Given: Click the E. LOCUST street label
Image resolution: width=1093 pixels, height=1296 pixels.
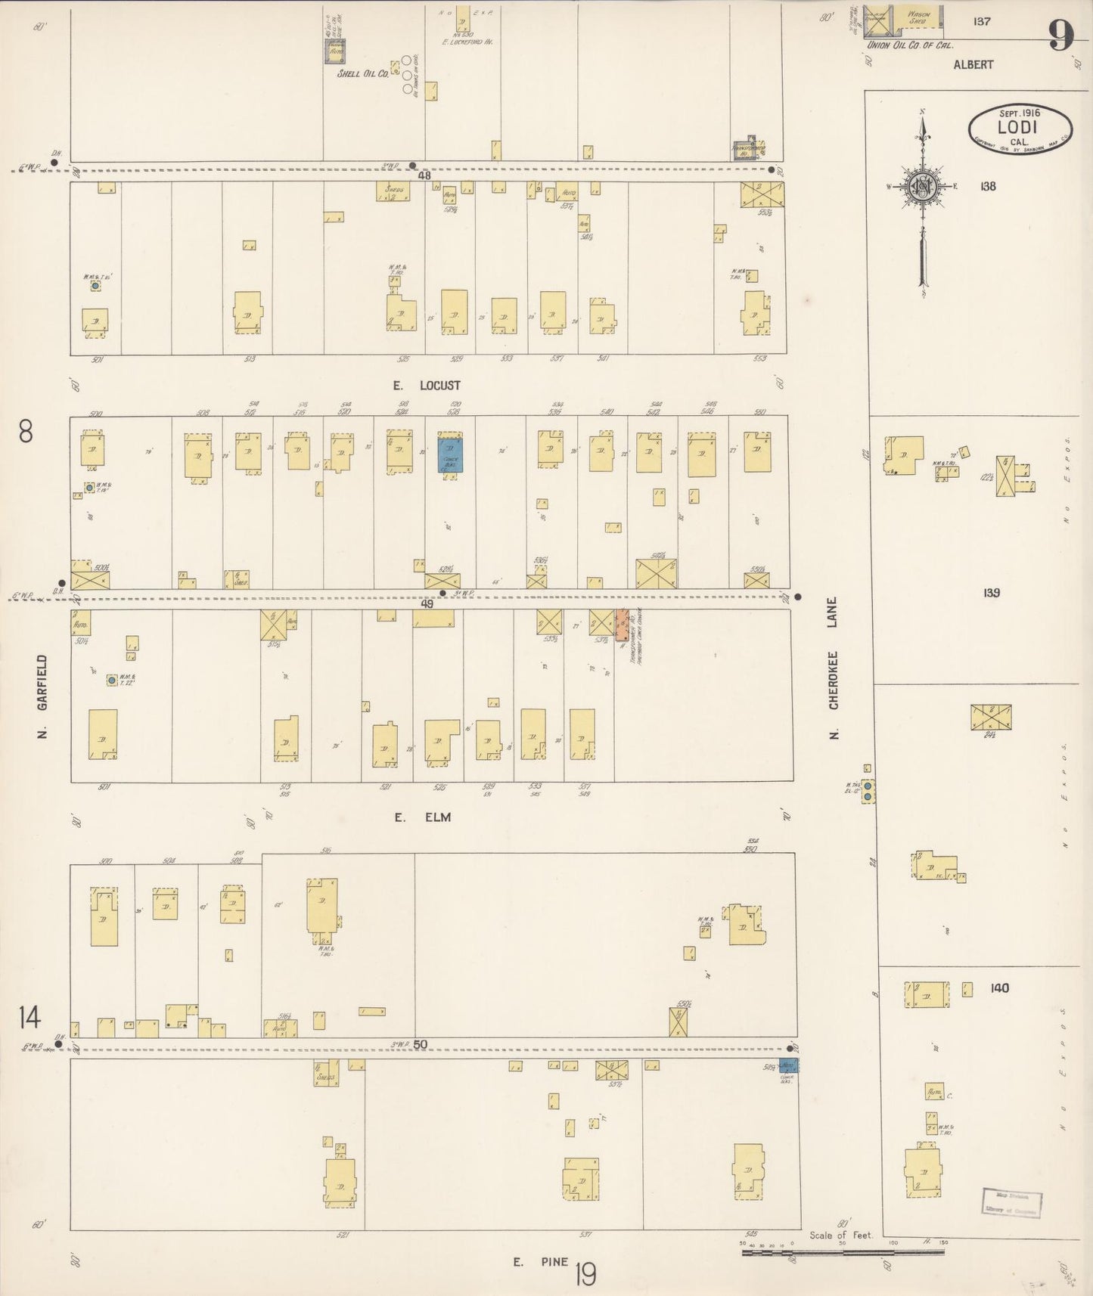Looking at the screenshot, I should pos(427,386).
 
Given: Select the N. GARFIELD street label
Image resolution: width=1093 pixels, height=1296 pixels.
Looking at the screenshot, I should pos(42,696).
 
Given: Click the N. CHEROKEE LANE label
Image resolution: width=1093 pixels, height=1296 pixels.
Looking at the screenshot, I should pos(834,664).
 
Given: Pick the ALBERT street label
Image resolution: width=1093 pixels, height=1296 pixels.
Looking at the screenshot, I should pos(973,65).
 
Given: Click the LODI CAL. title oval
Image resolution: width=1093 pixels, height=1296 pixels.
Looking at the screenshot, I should pos(1019,127).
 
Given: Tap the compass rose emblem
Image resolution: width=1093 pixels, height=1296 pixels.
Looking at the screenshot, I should pos(923,188).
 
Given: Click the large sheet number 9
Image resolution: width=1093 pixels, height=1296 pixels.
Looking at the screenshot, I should pos(1060,35).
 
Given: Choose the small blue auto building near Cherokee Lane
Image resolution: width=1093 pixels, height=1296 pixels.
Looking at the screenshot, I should pos(788,1065).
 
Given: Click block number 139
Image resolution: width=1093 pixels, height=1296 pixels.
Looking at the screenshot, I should pos(991,593).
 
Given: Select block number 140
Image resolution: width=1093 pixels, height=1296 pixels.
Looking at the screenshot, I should pos(999,988).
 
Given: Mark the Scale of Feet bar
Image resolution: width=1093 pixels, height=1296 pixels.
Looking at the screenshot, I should pos(843,1253).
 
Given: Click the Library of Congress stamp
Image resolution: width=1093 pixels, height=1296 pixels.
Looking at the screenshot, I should pos(1012,1202).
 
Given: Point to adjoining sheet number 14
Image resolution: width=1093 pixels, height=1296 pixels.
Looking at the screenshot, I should pos(29,1018).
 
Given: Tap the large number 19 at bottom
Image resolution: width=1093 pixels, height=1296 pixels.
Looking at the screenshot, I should pos(585,1275).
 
